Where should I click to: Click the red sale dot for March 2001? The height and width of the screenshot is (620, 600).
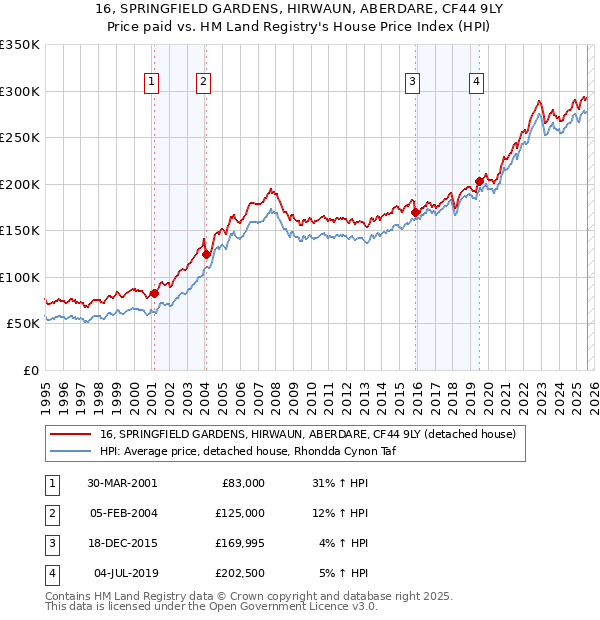pos(154,293)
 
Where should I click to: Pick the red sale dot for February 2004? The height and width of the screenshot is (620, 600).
pos(206,254)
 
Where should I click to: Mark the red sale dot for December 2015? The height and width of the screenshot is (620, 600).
pos(415,212)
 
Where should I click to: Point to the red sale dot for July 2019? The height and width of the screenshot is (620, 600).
pos(479,181)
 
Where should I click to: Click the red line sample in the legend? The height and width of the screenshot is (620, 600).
pos(71,435)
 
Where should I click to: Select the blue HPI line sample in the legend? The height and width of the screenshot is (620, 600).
pos(71,451)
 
